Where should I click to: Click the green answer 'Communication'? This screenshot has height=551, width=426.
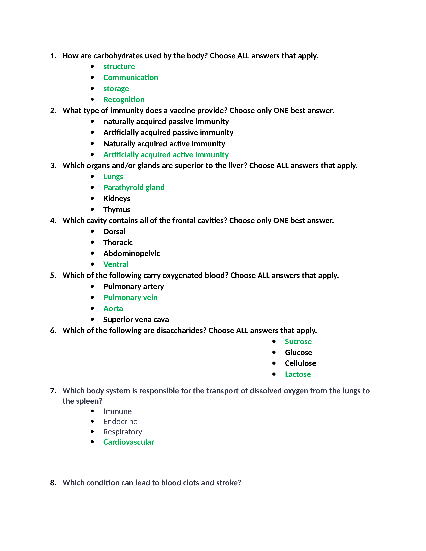(131, 77)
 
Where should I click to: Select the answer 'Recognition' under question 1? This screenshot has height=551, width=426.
(124, 100)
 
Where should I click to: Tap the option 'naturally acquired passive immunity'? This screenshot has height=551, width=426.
(166, 122)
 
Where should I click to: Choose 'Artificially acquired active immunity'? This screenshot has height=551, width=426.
(166, 155)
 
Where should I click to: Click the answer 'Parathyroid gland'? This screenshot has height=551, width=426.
(134, 187)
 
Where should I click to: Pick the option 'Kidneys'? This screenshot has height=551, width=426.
(117, 199)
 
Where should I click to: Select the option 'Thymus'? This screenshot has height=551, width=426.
(117, 210)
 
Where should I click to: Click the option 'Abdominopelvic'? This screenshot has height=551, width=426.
(131, 253)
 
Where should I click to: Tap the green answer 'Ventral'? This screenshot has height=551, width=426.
(116, 264)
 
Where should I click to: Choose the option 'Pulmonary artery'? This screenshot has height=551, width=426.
(134, 287)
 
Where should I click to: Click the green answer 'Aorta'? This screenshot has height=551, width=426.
(113, 309)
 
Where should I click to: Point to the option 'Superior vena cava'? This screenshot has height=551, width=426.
(136, 320)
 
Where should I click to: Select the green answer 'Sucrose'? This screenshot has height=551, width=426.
(298, 342)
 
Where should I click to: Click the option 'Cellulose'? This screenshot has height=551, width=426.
(300, 363)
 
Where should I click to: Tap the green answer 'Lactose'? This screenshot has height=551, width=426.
(298, 374)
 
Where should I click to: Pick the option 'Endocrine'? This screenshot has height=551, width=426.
(120, 422)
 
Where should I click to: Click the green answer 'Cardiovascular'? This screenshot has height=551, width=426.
(129, 442)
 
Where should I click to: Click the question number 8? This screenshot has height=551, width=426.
(53, 483)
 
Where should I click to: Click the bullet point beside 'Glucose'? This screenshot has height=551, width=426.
(274, 352)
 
